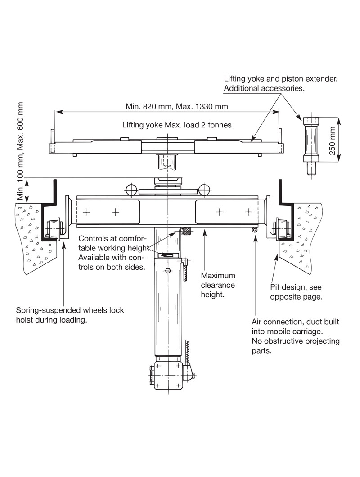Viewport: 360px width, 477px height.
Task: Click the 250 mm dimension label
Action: coord(333,140)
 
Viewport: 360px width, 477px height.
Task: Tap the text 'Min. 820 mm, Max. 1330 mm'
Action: coord(177,107)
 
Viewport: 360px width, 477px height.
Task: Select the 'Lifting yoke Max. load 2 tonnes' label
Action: coord(177,125)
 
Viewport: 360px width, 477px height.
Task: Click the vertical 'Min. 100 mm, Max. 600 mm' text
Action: coord(20,151)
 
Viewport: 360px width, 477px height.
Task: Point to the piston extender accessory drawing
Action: coord(311,145)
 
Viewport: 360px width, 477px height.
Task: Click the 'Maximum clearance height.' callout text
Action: coord(218,285)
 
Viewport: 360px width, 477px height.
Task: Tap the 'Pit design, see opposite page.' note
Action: coord(296,292)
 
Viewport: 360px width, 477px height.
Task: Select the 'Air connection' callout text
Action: coord(295,336)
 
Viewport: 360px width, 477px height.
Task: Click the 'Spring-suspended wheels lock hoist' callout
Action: coord(70,315)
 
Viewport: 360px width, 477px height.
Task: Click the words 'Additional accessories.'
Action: coord(264,88)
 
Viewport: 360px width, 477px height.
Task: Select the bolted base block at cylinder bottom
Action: coord(168,375)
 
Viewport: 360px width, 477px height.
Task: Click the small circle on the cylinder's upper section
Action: coord(167,271)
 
